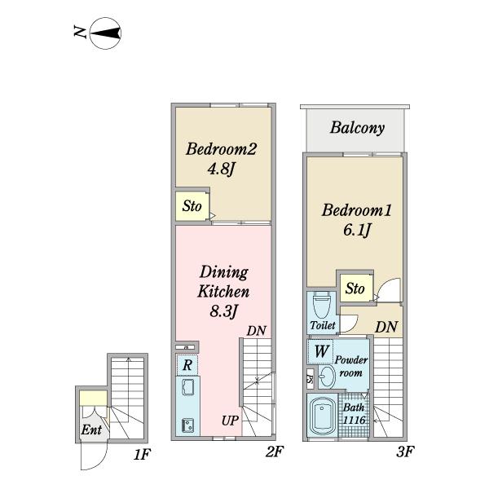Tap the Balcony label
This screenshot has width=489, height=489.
pyautogui.click(x=357, y=128)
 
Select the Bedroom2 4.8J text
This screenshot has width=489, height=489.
pyautogui.click(x=221, y=159)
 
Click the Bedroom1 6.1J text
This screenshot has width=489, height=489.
pyautogui.click(x=356, y=220)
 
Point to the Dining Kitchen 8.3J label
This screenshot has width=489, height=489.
pyautogui.click(x=223, y=291)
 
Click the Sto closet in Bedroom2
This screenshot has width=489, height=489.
pyautogui.click(x=192, y=206)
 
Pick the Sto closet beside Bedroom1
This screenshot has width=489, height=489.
pyautogui.click(x=355, y=289)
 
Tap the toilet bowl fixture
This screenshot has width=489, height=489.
pyautogui.click(x=321, y=305)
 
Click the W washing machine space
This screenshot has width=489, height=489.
pyautogui.click(x=320, y=351)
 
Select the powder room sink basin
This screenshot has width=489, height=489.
pyautogui.click(x=326, y=376)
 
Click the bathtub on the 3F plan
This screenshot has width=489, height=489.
pyautogui.click(x=323, y=415)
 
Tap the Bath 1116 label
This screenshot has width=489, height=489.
pyautogui.click(x=354, y=414)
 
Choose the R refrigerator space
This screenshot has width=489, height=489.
pyautogui.click(x=187, y=364)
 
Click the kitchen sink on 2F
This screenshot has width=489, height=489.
pyautogui.click(x=187, y=387)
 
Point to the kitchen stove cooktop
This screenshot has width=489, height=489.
pyautogui.click(x=187, y=425)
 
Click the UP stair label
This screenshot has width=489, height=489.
pyautogui.click(x=230, y=421)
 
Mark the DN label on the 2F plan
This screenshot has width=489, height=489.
pyautogui.click(x=257, y=331)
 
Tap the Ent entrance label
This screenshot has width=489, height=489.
pyautogui.click(x=91, y=430)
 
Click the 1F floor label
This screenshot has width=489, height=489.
pyautogui.click(x=142, y=455)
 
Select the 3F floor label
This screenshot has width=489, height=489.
pyautogui.click(x=405, y=452)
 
